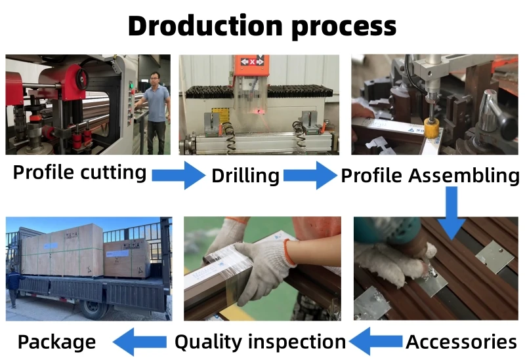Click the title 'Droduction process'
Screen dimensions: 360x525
point(262,26)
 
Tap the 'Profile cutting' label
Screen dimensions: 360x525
point(79,172)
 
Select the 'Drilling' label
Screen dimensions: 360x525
point(245,176)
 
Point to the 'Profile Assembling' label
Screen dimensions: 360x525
point(430,175)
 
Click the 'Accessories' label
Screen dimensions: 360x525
point(461,342)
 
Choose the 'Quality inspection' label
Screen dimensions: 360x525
point(259,342)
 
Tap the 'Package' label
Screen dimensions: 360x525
point(56,342)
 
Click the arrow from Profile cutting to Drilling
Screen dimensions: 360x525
point(178,175)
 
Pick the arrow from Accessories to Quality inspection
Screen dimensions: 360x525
point(375,341)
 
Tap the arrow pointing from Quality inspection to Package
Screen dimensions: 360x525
point(139,341)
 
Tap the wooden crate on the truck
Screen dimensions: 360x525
point(62,250)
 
